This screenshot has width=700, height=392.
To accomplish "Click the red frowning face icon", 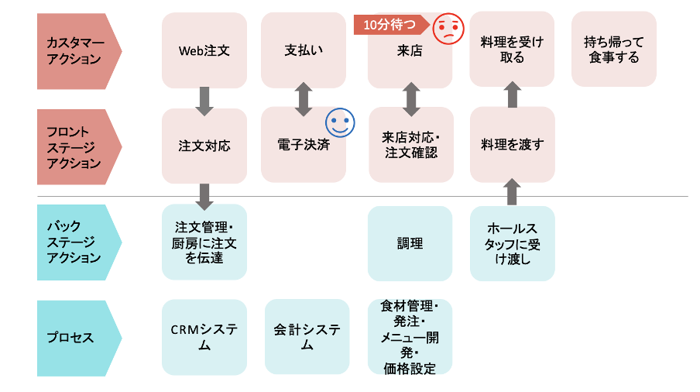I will click(x=447, y=29).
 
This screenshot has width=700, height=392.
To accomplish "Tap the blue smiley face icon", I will click(x=339, y=122).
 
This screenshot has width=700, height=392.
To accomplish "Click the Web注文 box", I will click(x=204, y=50).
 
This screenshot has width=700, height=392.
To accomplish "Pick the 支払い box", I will click(x=304, y=50).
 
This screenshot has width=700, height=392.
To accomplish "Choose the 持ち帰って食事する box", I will click(x=613, y=50).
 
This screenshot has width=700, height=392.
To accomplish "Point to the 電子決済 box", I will click(x=303, y=145).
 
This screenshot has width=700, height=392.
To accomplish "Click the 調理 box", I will click(x=410, y=243).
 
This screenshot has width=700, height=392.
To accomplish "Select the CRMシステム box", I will click(x=204, y=337).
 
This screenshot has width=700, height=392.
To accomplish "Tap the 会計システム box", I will click(x=307, y=337).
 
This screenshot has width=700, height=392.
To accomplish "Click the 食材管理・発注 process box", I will click(x=410, y=337).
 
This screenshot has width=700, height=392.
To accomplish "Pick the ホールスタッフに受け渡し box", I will click(x=512, y=243).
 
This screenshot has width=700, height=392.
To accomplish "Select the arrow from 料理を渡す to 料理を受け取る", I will click(x=512, y=97).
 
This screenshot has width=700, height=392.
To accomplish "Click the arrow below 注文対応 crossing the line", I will click(x=204, y=197).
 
